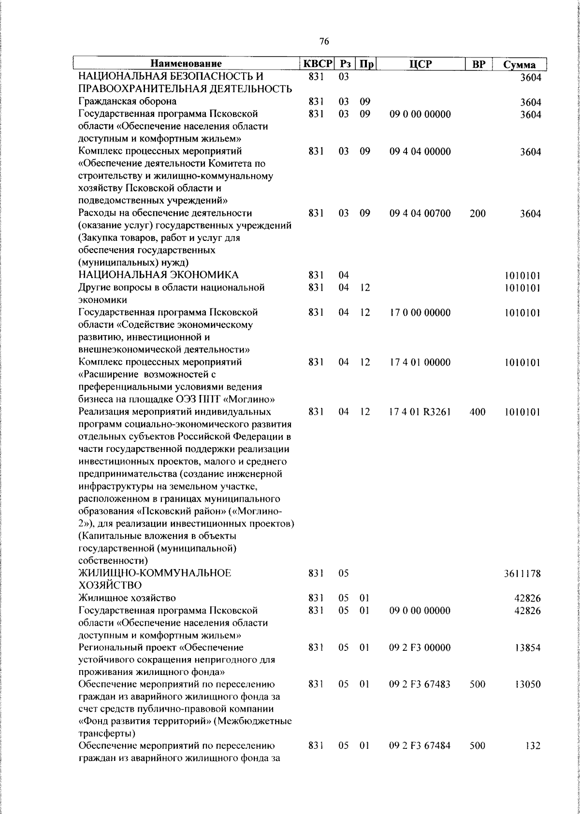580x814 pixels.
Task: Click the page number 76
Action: [324, 42]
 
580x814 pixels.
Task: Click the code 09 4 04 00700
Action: [420, 213]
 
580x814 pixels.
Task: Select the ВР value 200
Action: [478, 213]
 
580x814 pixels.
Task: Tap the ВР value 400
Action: [478, 412]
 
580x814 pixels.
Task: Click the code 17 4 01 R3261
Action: [420, 412]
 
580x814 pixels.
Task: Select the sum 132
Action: [533, 759]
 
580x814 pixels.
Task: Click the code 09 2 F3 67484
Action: [420, 759]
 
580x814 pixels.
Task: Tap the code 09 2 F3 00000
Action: [420, 647]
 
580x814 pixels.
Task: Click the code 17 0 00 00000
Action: [420, 313]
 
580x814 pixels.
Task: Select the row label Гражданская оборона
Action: [127, 101]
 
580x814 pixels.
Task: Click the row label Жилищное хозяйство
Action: [127, 599]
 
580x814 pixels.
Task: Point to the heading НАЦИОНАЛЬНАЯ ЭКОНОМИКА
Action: [159, 275]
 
